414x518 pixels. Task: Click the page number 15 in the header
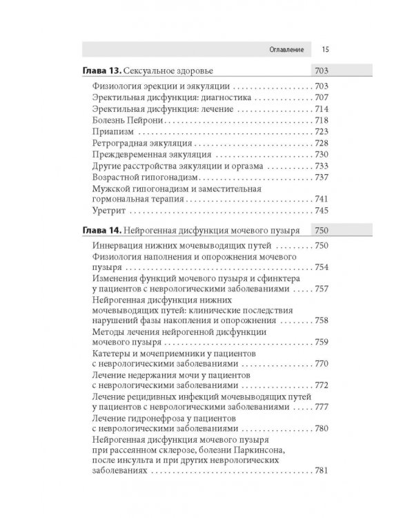point(324,49)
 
